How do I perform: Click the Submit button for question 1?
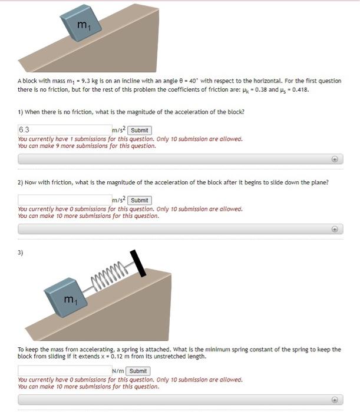point(140,130)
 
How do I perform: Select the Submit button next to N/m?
point(138,371)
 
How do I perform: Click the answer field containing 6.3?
point(64,130)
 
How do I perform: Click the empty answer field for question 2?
point(64,200)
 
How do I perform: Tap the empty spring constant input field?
point(64,371)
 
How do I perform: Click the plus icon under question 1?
point(334,159)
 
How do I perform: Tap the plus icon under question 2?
point(334,229)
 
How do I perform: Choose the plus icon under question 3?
point(334,400)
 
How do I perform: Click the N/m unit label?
point(118,371)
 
